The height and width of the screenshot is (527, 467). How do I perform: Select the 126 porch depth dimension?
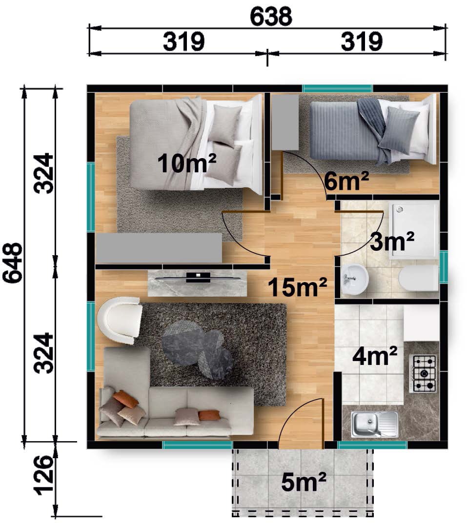(x=44, y=475)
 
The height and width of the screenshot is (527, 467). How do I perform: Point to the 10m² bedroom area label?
(x=186, y=162)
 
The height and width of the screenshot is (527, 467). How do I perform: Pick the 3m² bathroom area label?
(x=392, y=241)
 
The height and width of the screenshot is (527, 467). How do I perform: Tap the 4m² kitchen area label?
(x=375, y=356)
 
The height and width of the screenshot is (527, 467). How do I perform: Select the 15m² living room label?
(x=298, y=287)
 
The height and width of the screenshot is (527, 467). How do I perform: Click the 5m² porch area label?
(x=304, y=482)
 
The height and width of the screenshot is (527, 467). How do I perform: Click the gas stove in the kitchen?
(x=422, y=373)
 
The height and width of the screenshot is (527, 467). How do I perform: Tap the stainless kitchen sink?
(x=375, y=424)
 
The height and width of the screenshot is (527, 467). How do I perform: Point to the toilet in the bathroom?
(x=419, y=278)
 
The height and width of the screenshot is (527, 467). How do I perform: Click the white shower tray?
(x=414, y=230)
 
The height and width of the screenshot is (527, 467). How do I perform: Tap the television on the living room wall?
(x=198, y=277)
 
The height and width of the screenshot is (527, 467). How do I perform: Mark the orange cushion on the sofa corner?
(x=126, y=399)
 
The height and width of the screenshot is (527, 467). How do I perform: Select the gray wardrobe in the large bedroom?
(x=159, y=248)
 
